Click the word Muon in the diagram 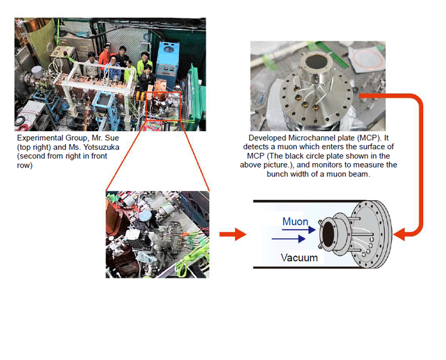[295, 222]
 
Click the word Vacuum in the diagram [299, 257]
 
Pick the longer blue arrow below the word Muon [289, 239]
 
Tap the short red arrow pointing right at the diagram [233, 234]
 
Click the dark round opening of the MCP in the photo [317, 62]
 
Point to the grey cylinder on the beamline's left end [37, 72]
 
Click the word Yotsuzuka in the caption [101, 147]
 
